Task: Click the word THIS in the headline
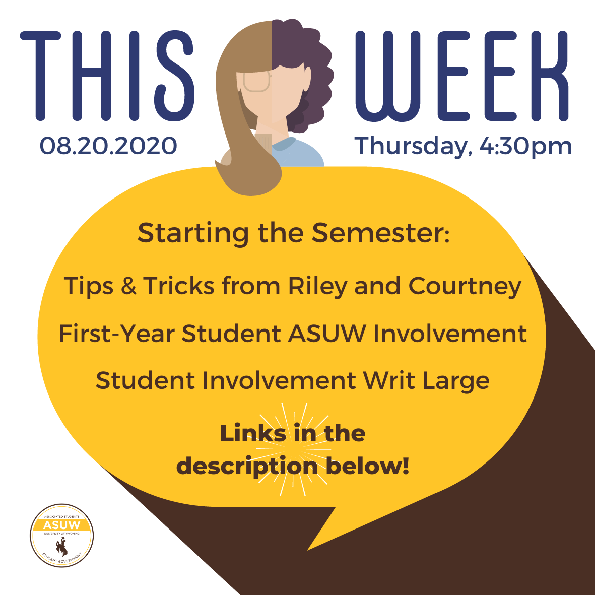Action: (107, 76)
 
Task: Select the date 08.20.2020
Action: (108, 146)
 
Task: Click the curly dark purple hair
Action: (304, 72)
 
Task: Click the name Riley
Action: (317, 287)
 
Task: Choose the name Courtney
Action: (465, 287)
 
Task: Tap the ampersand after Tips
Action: (128, 286)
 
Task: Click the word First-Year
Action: (117, 334)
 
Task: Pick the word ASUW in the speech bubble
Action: (326, 334)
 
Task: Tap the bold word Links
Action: (253, 433)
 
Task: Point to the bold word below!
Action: (367, 466)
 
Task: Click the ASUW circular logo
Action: (62, 536)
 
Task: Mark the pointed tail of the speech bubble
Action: (308, 549)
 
